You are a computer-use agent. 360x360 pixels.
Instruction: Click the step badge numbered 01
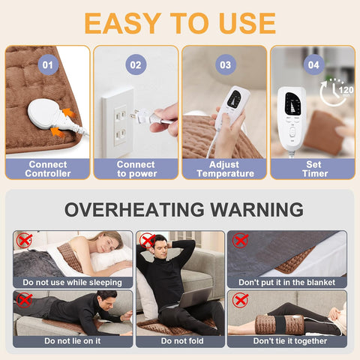click(48, 65)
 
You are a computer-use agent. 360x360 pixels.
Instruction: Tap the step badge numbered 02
click(136, 65)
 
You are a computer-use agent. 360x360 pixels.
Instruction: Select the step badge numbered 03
click(226, 65)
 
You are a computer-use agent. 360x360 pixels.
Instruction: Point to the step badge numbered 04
click(313, 65)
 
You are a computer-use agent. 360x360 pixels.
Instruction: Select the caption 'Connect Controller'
click(48, 169)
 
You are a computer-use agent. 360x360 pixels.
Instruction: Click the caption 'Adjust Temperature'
click(225, 169)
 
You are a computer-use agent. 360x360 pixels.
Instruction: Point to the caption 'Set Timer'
click(314, 169)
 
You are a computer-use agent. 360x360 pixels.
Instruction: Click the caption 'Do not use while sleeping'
click(73, 283)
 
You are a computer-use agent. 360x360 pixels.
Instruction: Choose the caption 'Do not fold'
click(182, 340)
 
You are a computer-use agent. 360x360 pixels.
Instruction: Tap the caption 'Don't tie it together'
click(290, 340)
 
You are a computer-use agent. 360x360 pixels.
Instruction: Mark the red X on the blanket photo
click(240, 241)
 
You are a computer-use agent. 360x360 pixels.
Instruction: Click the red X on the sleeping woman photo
click(24, 241)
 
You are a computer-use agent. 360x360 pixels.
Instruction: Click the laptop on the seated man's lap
click(193, 298)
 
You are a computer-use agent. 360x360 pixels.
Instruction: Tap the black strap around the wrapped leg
click(280, 324)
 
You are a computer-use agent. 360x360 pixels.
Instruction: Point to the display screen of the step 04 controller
click(292, 103)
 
